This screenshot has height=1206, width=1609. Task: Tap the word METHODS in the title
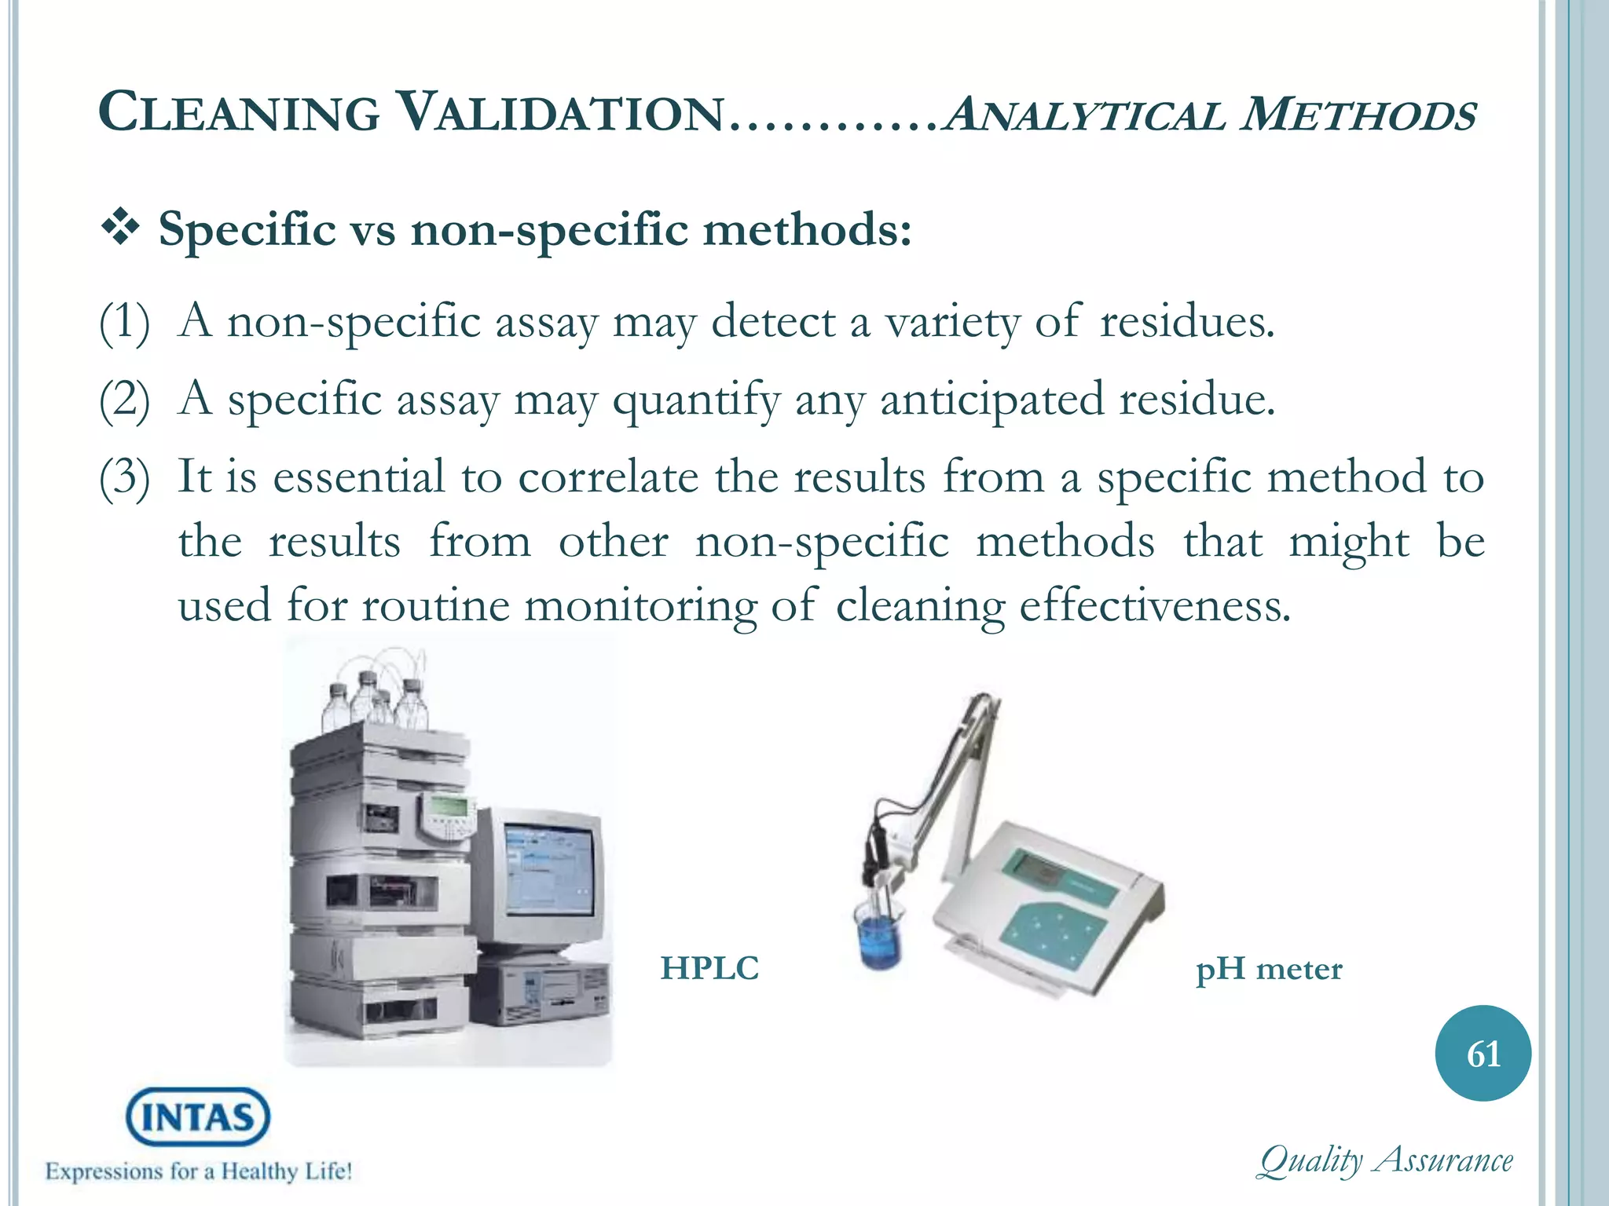pos(1358,115)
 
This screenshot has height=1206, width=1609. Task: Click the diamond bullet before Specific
pos(120,228)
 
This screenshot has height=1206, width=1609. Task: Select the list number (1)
pos(124,323)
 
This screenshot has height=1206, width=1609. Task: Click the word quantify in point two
pos(696,400)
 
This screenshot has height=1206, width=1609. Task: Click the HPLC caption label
pos(709,969)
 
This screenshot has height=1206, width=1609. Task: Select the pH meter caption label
pos(1269,970)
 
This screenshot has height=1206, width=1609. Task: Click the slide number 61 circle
pos(1483,1053)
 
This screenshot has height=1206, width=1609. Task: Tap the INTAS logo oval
pos(198,1116)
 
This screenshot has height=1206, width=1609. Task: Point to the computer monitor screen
pos(548,868)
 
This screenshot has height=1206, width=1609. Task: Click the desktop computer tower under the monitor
pos(542,990)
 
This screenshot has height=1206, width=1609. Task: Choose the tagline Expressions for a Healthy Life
pos(198,1171)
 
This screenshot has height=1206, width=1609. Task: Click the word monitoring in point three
pos(640,606)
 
